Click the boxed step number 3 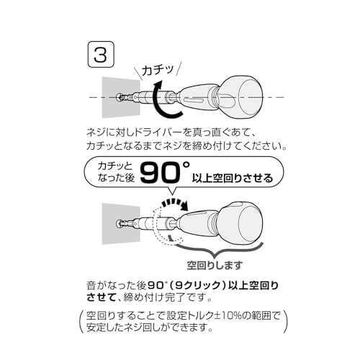point(101,54)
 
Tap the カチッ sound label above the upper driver point(158,70)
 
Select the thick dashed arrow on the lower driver point(174,204)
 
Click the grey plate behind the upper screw point(121,97)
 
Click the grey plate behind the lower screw point(121,223)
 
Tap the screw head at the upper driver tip point(119,97)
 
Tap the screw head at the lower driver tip point(119,223)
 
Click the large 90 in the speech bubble point(161,173)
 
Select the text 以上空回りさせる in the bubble point(233,178)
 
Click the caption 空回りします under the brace point(215,265)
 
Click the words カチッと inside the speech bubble point(115,166)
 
